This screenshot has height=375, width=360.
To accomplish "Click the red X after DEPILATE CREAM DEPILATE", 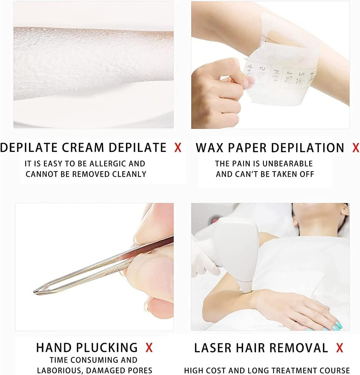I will [x=178, y=147].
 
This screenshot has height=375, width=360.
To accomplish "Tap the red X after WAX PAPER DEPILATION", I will [x=355, y=147].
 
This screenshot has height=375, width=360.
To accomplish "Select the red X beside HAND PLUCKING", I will [x=149, y=348].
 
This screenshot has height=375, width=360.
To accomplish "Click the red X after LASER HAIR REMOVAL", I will [x=340, y=348].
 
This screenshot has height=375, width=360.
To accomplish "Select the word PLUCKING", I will [x=107, y=348].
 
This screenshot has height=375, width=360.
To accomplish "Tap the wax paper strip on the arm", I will [x=270, y=75].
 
